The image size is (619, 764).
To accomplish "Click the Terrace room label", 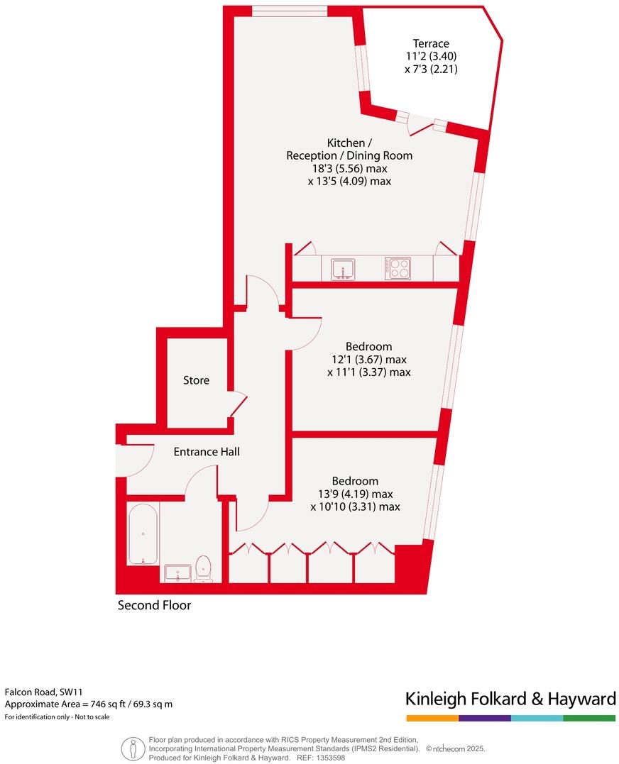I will pyautogui.click(x=432, y=44).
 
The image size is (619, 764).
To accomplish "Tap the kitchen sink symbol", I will pyautogui.click(x=343, y=269).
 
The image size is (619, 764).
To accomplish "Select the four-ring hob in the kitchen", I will pyautogui.click(x=398, y=269).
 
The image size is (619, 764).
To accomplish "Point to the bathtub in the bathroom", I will pyautogui.click(x=143, y=533).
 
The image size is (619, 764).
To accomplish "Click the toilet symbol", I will pyautogui.click(x=204, y=568).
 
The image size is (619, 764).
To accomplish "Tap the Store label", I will pyautogui.click(x=196, y=380).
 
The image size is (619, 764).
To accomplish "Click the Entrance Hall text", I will pyautogui.click(x=207, y=451).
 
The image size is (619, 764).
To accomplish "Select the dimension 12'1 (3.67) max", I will pyautogui.click(x=369, y=359).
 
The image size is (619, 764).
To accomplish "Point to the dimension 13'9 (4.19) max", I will pyautogui.click(x=356, y=494).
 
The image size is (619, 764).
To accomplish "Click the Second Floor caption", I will pyautogui.click(x=154, y=606).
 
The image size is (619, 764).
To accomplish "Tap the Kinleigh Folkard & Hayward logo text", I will pyautogui.click(x=510, y=699).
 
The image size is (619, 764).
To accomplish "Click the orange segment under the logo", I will pyautogui.click(x=432, y=718).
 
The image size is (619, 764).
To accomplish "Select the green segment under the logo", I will pyautogui.click(x=589, y=718).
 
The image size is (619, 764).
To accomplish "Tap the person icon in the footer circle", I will pyautogui.click(x=131, y=749).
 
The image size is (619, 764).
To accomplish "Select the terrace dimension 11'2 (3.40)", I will pyautogui.click(x=432, y=57).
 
